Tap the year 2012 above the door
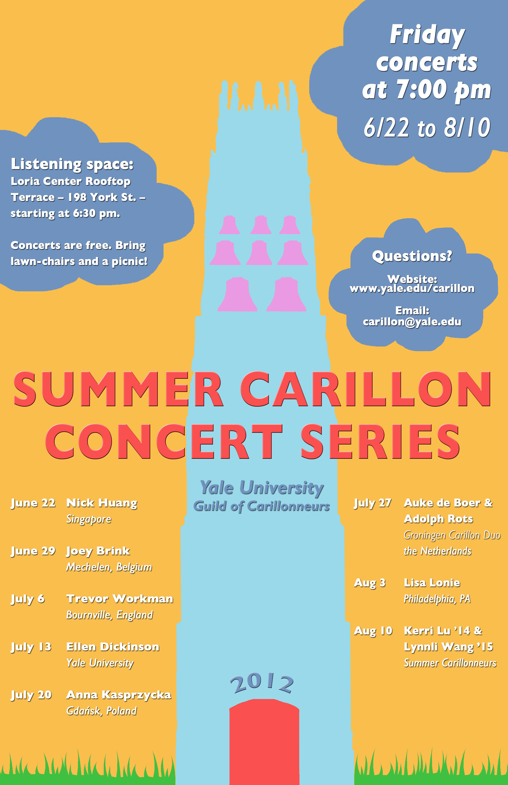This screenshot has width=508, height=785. click(x=262, y=684)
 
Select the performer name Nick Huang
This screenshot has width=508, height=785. click(x=102, y=503)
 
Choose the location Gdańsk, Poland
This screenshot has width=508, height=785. click(x=101, y=711)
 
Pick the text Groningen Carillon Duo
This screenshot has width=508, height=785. click(x=452, y=535)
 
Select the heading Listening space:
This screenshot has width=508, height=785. click(x=72, y=164)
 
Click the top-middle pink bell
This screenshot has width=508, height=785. click(x=261, y=225)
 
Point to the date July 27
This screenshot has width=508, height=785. click(x=372, y=503)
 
